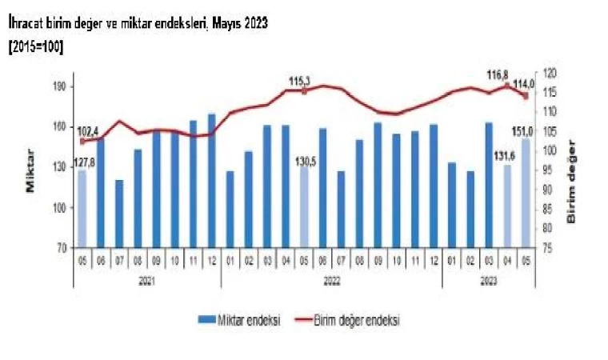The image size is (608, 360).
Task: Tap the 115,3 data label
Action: (301, 81)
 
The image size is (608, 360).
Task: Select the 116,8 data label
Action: (499, 75)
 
